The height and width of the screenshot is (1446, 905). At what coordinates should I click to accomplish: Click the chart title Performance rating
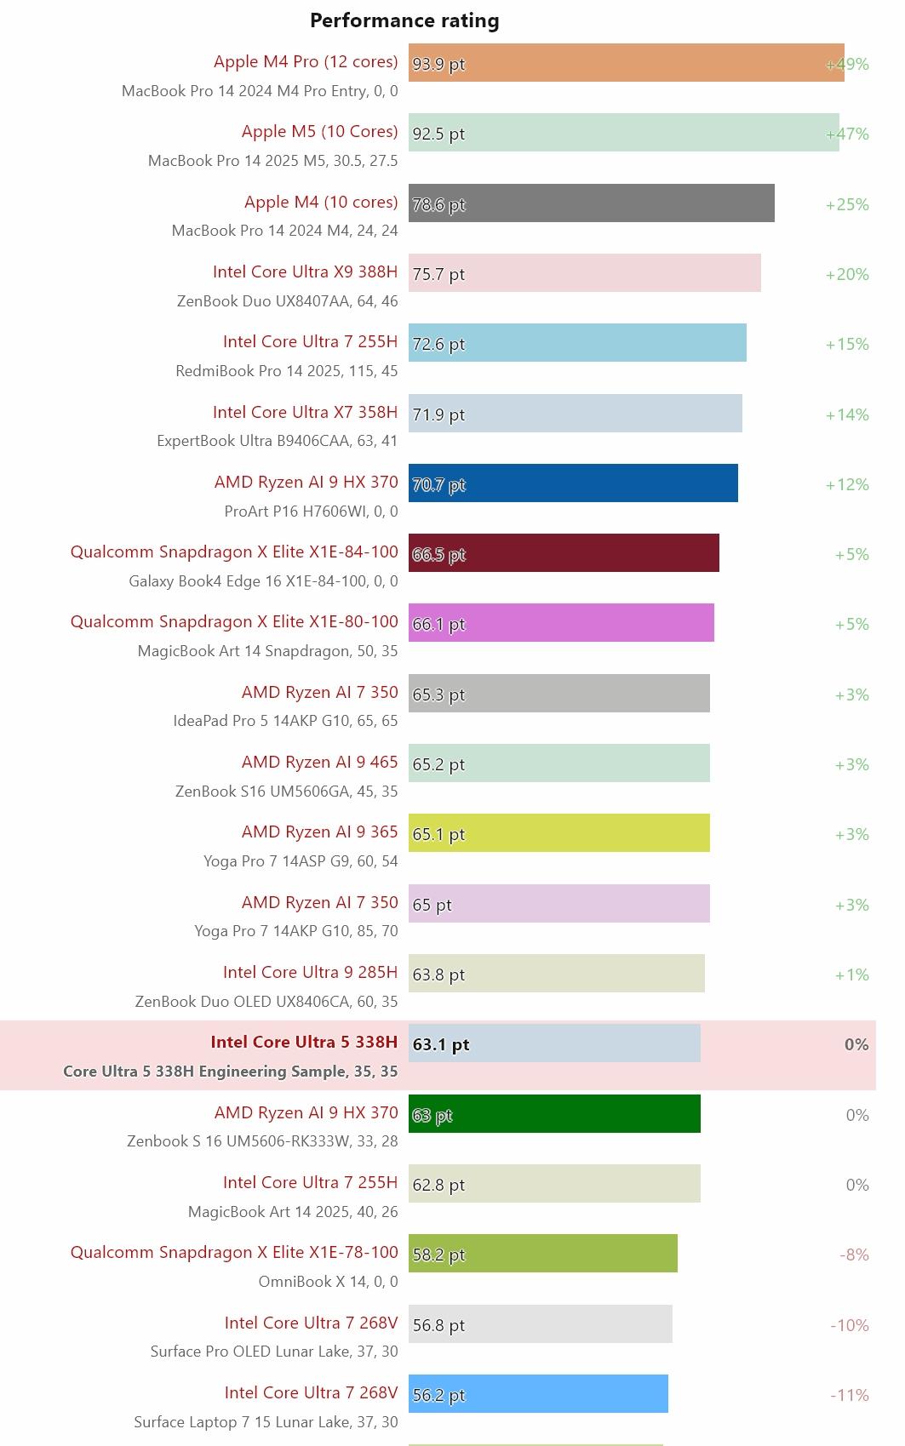click(x=404, y=20)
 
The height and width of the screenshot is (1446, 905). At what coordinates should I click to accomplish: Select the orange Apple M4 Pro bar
click(x=626, y=63)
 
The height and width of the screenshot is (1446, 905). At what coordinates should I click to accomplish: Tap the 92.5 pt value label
click(x=438, y=134)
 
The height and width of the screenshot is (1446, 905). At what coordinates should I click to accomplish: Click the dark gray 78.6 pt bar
click(x=592, y=203)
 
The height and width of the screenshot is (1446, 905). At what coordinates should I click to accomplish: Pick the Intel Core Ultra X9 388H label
click(x=305, y=271)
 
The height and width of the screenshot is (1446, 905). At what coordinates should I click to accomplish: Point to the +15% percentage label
click(x=846, y=344)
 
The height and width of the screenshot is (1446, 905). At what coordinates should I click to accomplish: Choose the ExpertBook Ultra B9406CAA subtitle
click(x=277, y=441)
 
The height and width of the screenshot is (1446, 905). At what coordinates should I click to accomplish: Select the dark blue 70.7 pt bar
click(x=573, y=483)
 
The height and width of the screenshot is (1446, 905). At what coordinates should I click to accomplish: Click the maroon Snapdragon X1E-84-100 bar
click(x=564, y=553)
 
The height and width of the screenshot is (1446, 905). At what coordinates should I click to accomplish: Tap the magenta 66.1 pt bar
click(x=561, y=623)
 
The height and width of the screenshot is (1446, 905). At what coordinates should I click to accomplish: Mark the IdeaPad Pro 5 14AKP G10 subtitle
click(x=285, y=721)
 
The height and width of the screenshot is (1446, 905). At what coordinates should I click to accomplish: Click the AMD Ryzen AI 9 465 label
click(x=319, y=762)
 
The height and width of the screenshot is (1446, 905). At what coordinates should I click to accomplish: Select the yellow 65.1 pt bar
click(x=558, y=833)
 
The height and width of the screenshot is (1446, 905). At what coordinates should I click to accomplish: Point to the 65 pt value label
click(x=432, y=905)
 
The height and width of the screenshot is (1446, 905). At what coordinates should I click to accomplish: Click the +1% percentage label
click(x=851, y=974)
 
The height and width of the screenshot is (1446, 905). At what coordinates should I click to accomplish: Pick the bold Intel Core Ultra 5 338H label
click(x=304, y=1042)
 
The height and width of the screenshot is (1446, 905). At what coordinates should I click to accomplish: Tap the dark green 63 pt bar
click(x=554, y=1114)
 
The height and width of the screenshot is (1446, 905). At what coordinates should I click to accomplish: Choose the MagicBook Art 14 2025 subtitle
click(x=292, y=1212)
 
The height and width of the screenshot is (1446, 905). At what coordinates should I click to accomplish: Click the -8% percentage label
click(x=854, y=1255)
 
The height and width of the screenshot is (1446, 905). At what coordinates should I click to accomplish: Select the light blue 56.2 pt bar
click(x=538, y=1394)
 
